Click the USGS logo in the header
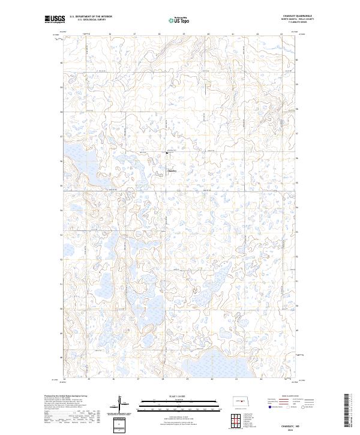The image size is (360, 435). click(55, 19)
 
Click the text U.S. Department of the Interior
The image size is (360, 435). click(91, 16)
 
